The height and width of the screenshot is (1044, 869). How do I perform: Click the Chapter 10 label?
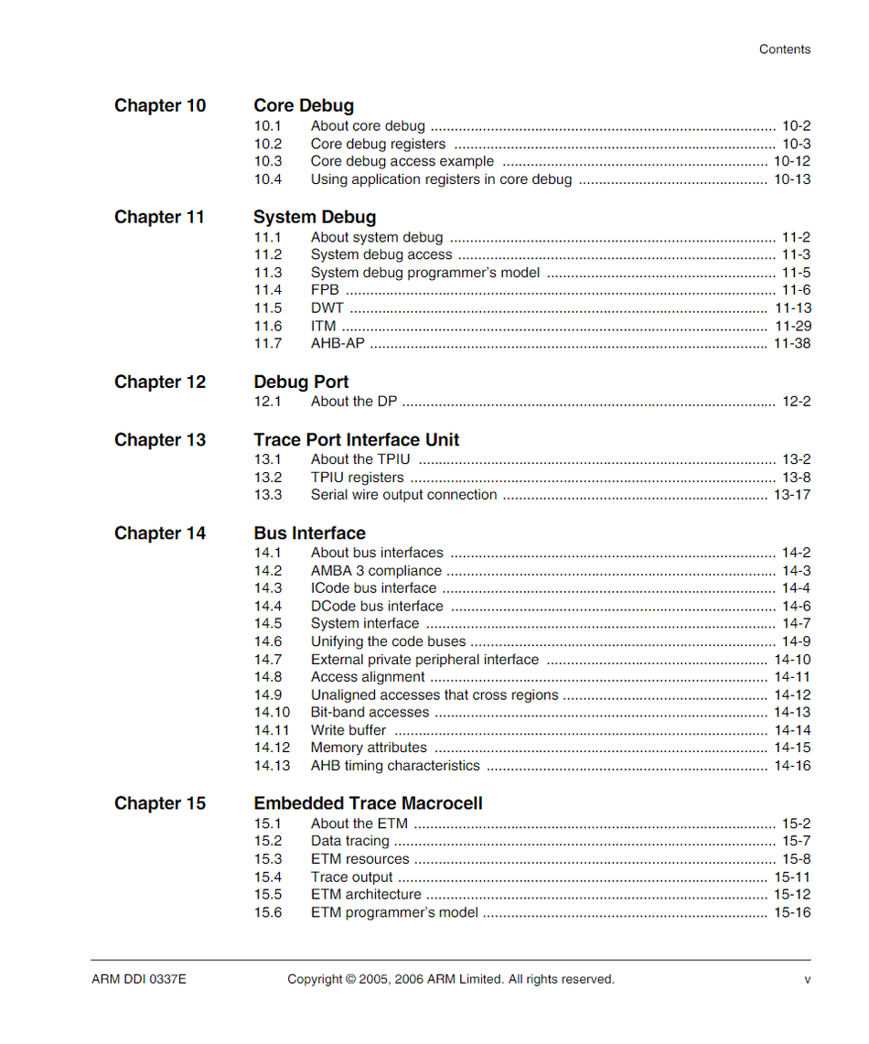(160, 106)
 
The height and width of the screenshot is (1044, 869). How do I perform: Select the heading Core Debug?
(304, 106)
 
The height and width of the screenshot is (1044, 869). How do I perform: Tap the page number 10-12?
(792, 161)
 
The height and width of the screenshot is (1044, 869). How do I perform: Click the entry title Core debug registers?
(378, 144)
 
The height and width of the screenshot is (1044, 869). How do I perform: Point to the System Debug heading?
(315, 218)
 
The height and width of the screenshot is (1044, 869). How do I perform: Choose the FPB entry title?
(325, 290)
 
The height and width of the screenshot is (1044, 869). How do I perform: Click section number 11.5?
(268, 308)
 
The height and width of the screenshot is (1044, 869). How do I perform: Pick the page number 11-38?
(792, 344)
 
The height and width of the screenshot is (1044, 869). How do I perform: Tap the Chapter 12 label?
(160, 382)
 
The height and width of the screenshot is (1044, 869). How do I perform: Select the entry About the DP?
(353, 402)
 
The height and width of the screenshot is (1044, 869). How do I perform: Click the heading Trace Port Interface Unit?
(357, 440)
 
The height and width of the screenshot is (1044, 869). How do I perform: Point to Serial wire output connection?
(403, 495)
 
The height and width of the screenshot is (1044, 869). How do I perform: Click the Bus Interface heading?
(309, 533)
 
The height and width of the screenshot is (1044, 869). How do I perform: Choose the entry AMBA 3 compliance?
(376, 571)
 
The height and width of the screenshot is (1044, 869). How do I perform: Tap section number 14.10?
(272, 713)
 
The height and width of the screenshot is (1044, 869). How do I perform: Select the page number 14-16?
(792, 766)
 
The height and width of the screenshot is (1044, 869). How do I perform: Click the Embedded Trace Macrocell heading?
(368, 803)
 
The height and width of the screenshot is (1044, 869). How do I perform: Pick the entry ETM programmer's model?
(394, 912)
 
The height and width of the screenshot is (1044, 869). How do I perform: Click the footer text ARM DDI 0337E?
(139, 979)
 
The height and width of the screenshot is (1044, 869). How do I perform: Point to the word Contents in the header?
(785, 49)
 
